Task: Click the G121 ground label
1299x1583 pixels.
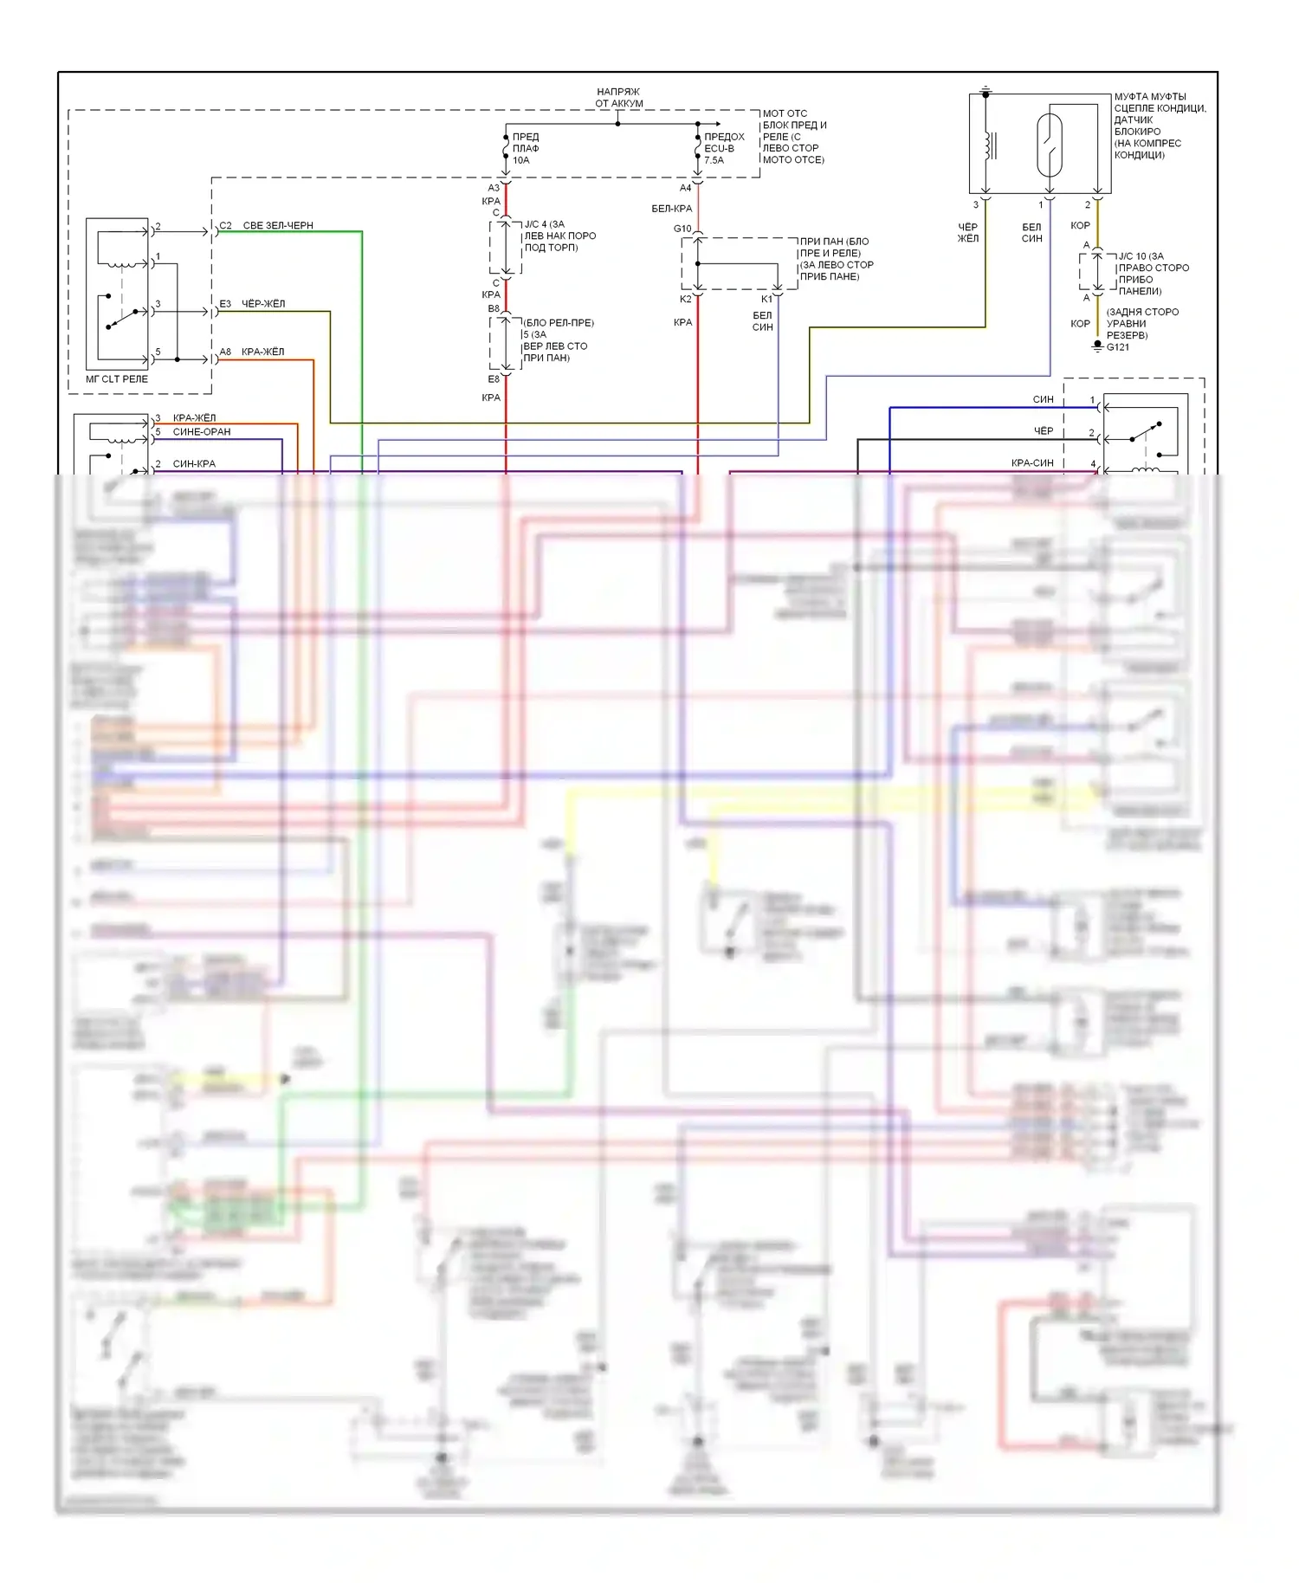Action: pyautogui.click(x=1117, y=347)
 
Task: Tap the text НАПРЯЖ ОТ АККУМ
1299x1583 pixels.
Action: pyautogui.click(x=618, y=98)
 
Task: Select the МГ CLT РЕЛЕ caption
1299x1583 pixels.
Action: pyautogui.click(x=117, y=379)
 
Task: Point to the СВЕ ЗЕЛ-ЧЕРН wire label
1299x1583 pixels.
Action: pyautogui.click(x=277, y=226)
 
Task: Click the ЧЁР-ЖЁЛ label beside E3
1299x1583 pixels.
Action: pyautogui.click(x=262, y=304)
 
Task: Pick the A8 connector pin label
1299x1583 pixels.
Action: pyautogui.click(x=225, y=352)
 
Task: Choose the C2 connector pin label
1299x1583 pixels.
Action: pyautogui.click(x=225, y=226)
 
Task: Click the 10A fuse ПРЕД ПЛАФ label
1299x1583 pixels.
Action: pyautogui.click(x=525, y=148)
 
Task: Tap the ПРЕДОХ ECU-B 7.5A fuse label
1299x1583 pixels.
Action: pyautogui.click(x=723, y=148)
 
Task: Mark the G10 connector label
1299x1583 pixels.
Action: pyautogui.click(x=682, y=229)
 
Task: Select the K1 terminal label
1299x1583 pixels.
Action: pyautogui.click(x=766, y=299)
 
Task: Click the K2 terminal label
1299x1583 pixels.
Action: pyautogui.click(x=685, y=299)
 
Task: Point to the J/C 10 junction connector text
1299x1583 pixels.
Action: pyautogui.click(x=1152, y=274)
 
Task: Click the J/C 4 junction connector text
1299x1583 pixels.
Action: pyautogui.click(x=559, y=236)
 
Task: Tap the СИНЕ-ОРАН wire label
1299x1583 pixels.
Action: pyautogui.click(x=202, y=432)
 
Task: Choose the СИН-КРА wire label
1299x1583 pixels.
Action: pyautogui.click(x=194, y=464)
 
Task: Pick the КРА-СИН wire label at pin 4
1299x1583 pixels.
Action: pyautogui.click(x=1032, y=463)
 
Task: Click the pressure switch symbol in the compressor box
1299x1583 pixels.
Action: pyautogui.click(x=1049, y=145)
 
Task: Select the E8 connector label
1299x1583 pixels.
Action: pyautogui.click(x=493, y=379)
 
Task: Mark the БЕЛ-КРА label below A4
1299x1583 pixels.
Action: pyautogui.click(x=671, y=209)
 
